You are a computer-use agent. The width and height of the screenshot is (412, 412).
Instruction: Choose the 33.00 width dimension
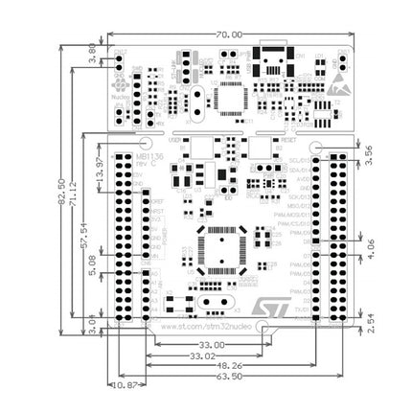pyautogui.click(x=212, y=344)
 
